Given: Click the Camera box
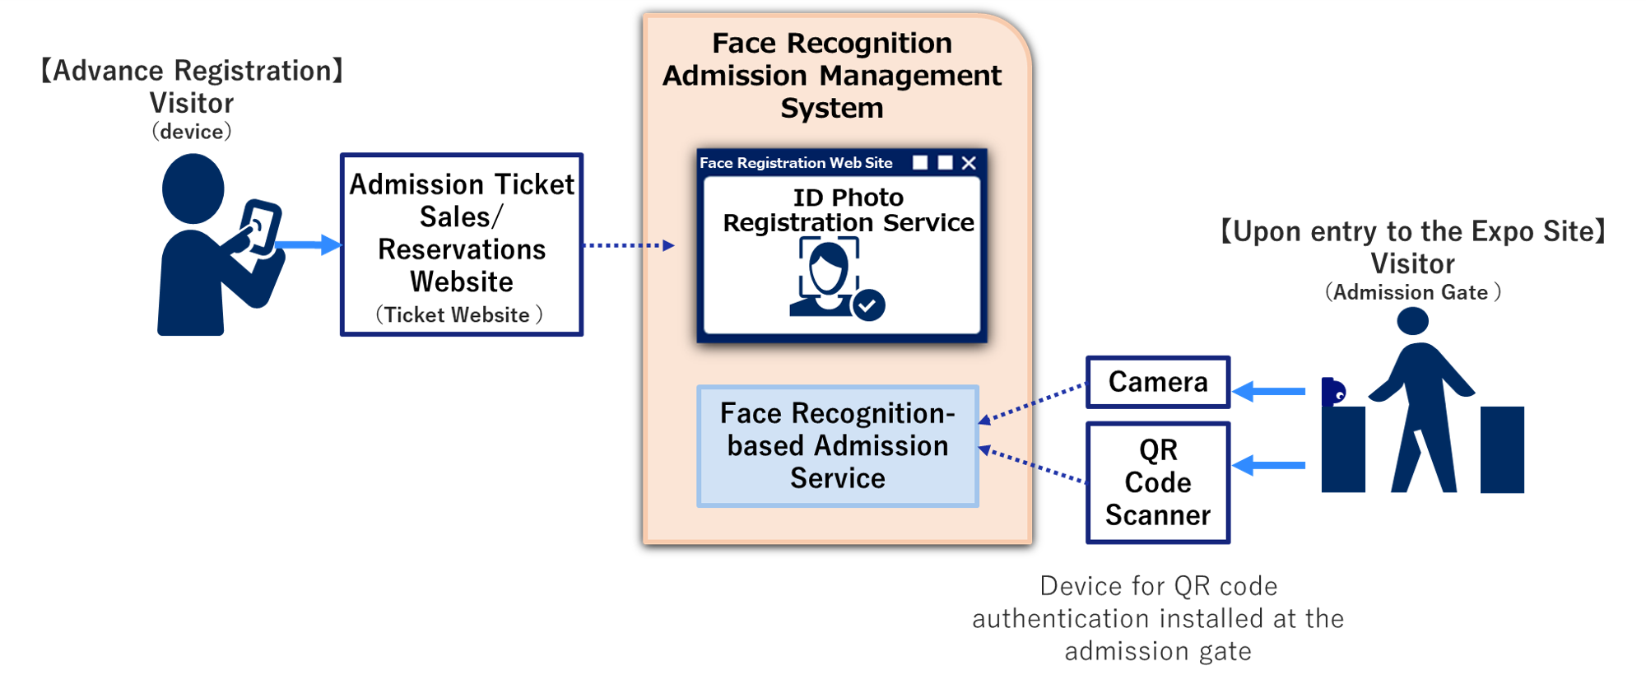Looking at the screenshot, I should tap(1158, 382).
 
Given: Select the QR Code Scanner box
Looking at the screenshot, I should tap(1158, 482).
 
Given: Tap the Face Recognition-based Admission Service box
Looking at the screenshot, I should tap(838, 445).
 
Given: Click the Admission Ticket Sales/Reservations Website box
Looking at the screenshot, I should tap(462, 244).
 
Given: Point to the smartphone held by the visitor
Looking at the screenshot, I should tap(260, 226).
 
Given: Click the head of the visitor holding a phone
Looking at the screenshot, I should tap(193, 188).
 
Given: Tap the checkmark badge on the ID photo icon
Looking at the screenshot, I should tap(868, 305).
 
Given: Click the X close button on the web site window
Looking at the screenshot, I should tap(969, 163).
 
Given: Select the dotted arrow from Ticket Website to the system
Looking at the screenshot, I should tap(628, 245).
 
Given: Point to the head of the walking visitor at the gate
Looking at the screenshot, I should tap(1413, 321).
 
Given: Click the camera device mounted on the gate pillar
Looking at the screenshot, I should tap(1333, 391).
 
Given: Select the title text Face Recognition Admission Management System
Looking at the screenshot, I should tap(832, 75).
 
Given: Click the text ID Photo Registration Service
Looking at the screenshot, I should tap(848, 210).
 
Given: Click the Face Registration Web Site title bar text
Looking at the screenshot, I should tap(796, 163).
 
